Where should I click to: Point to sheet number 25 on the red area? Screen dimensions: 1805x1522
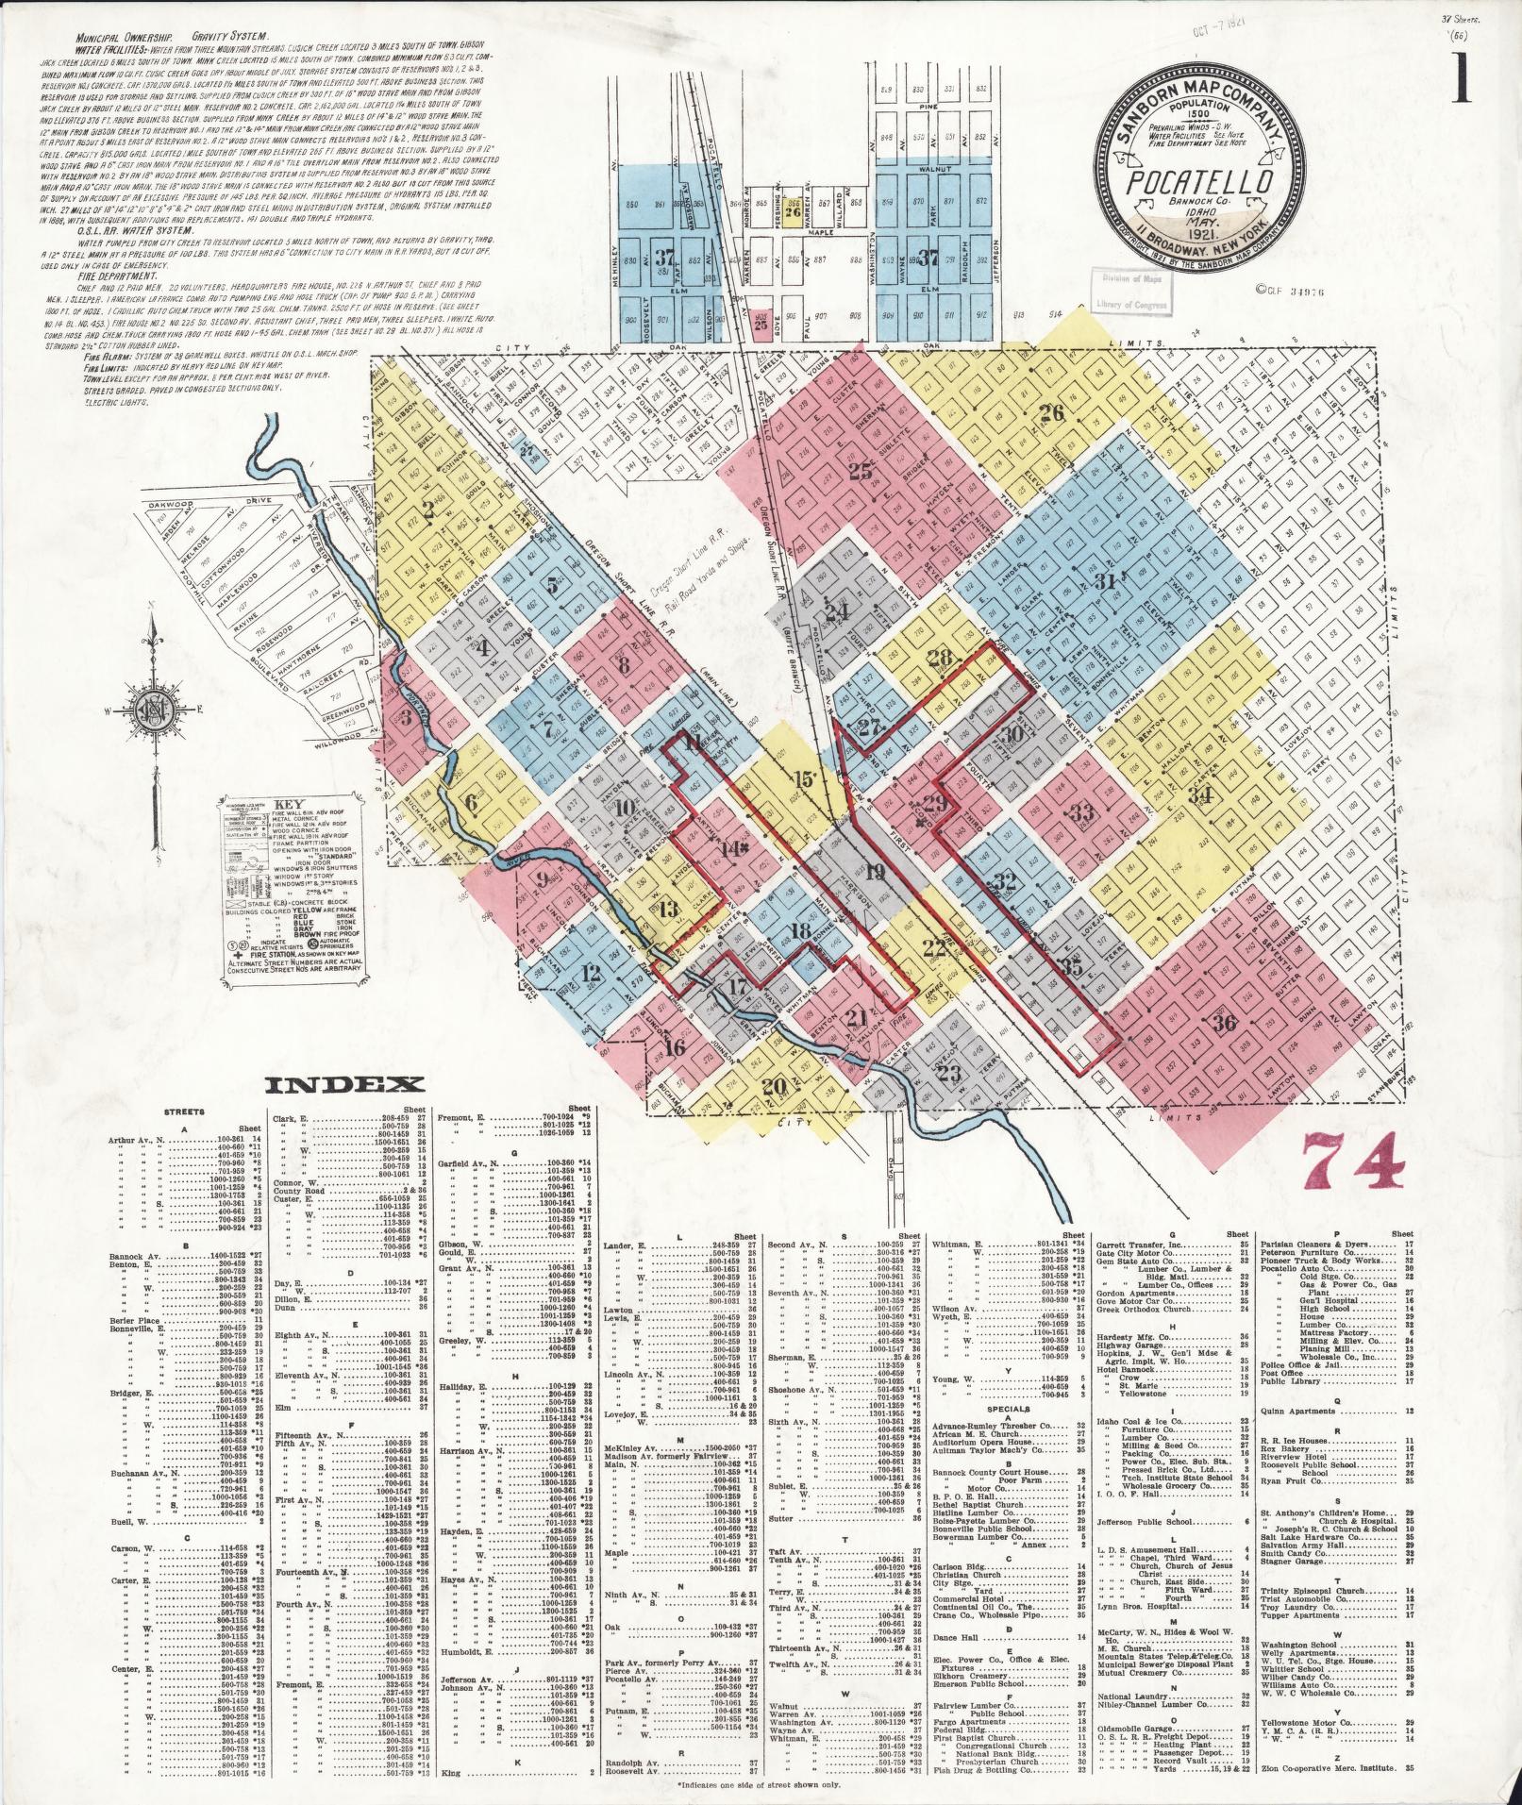[860, 473]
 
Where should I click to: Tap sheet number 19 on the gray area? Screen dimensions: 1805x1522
[875, 872]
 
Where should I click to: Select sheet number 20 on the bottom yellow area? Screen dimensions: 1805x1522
[774, 1086]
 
